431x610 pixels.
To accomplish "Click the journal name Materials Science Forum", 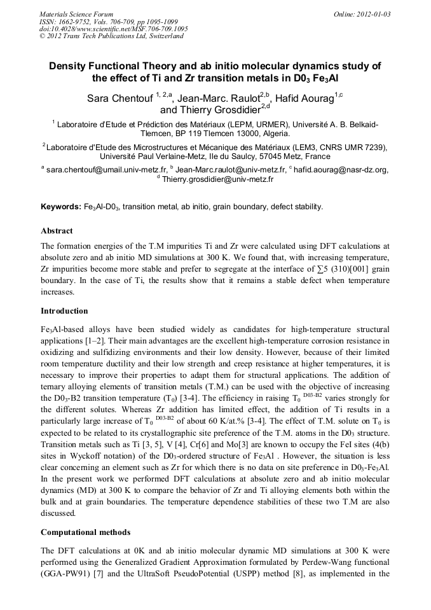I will point(76,13).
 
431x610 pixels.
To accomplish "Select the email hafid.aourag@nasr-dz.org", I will point(341,170).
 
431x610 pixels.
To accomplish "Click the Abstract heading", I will point(57,230).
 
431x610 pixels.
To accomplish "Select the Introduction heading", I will point(64,311).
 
